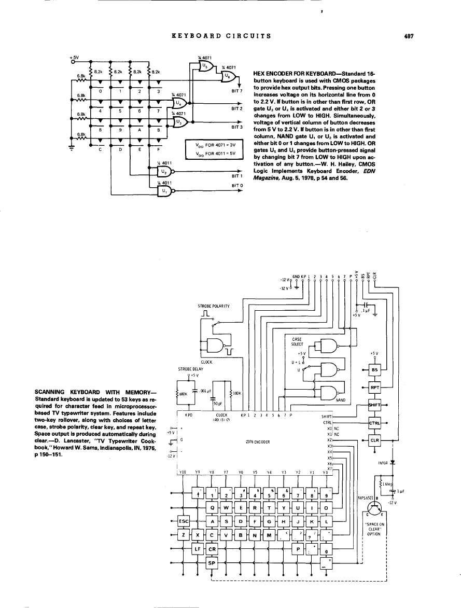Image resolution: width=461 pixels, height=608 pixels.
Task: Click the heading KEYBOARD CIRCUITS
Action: pyautogui.click(x=220, y=36)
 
